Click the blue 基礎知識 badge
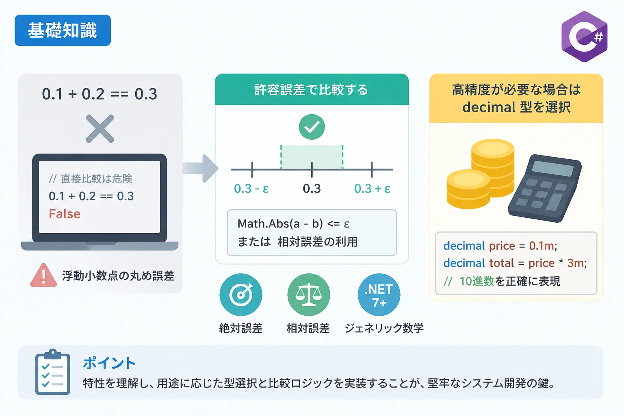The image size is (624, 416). click(63, 30)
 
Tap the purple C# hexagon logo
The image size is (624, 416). click(584, 37)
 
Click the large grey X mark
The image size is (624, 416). click(100, 128)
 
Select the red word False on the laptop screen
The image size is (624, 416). click(65, 214)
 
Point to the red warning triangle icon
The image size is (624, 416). click(43, 275)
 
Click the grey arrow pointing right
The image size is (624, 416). click(201, 168)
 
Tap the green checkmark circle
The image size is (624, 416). click(312, 127)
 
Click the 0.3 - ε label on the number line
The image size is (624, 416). click(251, 188)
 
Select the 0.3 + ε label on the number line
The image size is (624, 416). click(372, 188)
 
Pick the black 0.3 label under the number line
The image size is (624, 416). click(312, 188)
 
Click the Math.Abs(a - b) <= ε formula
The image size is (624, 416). click(293, 223)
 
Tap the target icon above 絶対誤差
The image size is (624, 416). click(241, 295)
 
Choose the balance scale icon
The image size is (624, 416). click(309, 295)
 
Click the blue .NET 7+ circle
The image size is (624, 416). click(379, 295)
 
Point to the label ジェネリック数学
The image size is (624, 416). click(384, 328)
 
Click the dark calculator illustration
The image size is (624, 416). click(545, 188)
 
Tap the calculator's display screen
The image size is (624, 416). click(552, 168)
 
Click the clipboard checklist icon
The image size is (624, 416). click(53, 372)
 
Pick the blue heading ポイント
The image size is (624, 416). click(109, 363)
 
